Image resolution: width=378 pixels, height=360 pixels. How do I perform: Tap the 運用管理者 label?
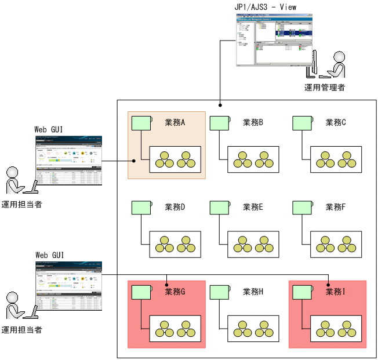[x=325, y=88]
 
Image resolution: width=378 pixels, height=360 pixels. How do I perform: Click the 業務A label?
[x=175, y=122]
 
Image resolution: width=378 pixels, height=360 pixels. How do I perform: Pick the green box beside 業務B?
[x=219, y=123]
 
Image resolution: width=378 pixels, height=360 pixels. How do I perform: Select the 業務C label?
[x=336, y=122]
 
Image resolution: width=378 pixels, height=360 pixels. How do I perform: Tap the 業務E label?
[x=253, y=207]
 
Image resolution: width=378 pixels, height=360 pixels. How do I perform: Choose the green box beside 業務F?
[x=301, y=208]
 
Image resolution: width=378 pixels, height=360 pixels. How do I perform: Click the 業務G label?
[x=175, y=292]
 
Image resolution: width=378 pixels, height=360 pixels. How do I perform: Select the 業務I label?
[x=336, y=292]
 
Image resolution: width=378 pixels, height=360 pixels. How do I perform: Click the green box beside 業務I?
[x=301, y=292]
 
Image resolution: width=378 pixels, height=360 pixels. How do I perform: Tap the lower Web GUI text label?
[x=50, y=254]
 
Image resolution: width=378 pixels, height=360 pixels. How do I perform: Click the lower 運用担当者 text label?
[x=21, y=330]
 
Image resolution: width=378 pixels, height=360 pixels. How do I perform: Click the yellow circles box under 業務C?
[x=336, y=159]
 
